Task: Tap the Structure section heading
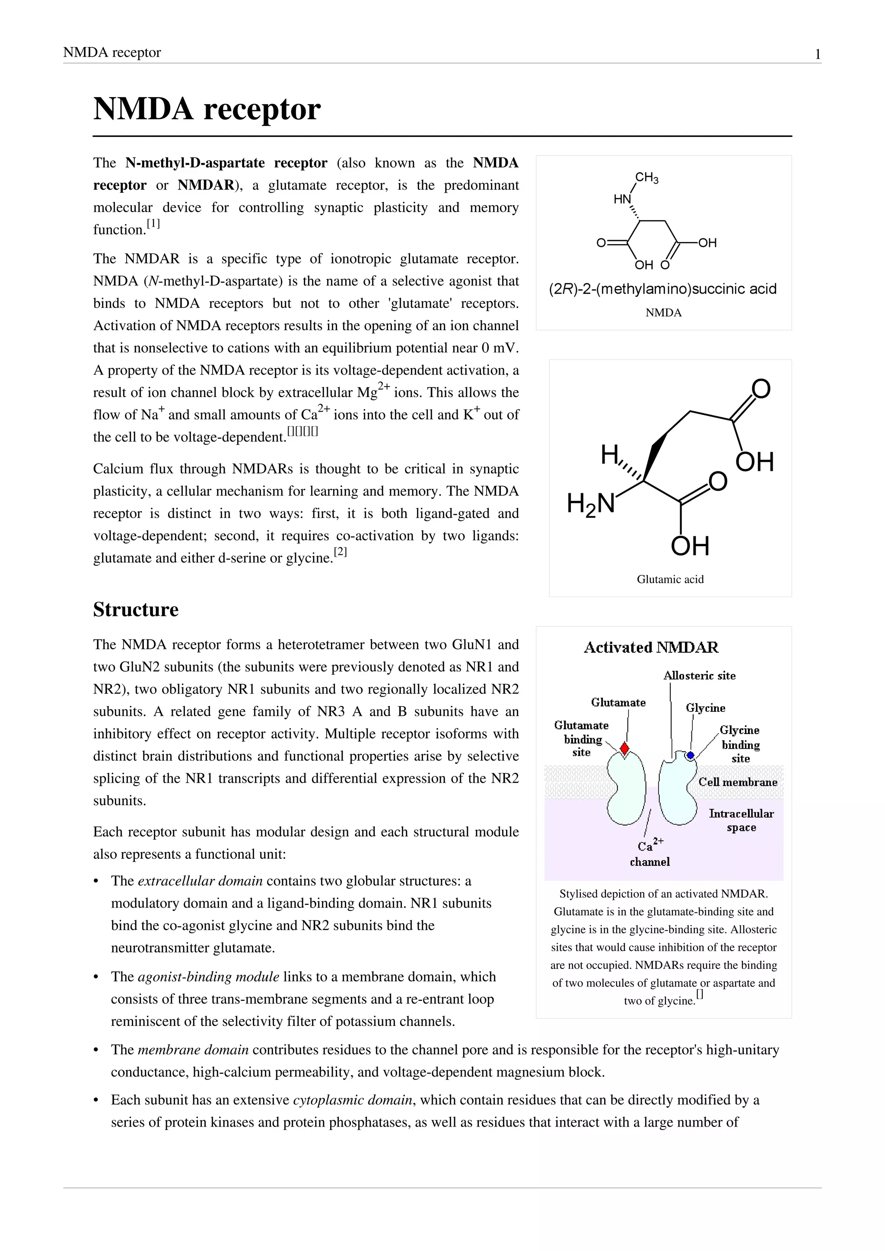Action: pyautogui.click(x=136, y=609)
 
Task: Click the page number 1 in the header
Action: pyautogui.click(x=818, y=54)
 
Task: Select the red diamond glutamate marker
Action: pyautogui.click(x=624, y=749)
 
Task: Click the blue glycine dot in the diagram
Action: pyautogui.click(x=690, y=755)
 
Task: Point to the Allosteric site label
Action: pyautogui.click(x=699, y=676)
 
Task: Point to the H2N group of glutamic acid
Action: pyautogui.click(x=591, y=503)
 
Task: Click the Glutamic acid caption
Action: pyautogui.click(x=670, y=579)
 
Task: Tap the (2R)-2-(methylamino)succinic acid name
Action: pyautogui.click(x=662, y=289)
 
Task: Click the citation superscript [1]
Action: pyautogui.click(x=153, y=224)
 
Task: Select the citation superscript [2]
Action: pyautogui.click(x=340, y=552)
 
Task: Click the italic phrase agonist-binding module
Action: pyautogui.click(x=208, y=976)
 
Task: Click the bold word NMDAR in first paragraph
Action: pyautogui.click(x=205, y=185)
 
